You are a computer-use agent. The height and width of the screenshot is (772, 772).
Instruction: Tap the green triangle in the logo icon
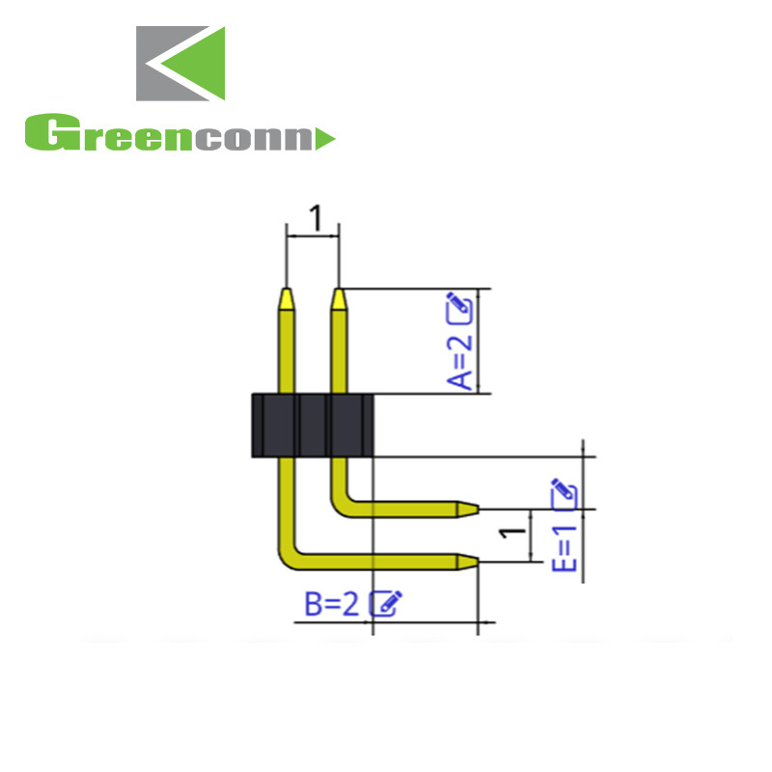click(198, 63)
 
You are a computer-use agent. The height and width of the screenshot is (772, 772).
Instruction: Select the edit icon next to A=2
click(460, 308)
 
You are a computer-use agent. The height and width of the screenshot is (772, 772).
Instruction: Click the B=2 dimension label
click(332, 604)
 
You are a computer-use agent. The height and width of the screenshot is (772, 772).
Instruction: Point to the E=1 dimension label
click(566, 547)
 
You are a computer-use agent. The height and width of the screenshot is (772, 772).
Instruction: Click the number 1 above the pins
click(314, 219)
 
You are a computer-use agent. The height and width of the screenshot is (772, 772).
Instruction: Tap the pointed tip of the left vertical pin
click(287, 292)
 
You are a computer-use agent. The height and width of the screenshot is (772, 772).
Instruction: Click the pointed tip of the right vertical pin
click(339, 292)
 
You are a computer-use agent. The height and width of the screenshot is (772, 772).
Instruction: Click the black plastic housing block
click(312, 425)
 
